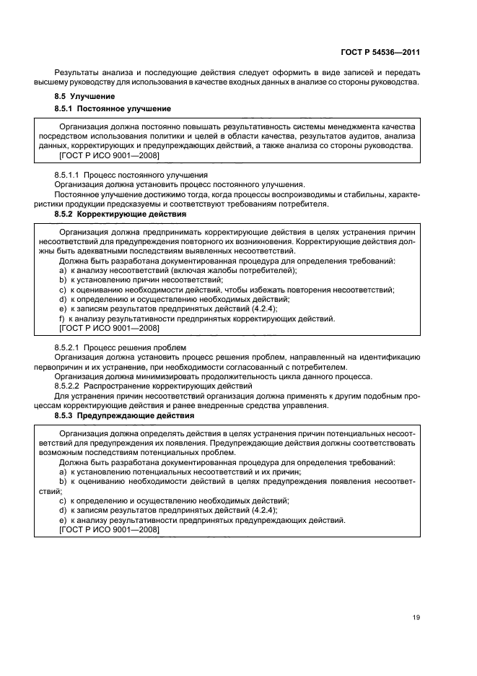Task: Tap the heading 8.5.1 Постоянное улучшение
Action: pos(113,108)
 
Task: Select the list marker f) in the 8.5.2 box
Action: pos(62,318)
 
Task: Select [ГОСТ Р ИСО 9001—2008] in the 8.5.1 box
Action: pos(108,155)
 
